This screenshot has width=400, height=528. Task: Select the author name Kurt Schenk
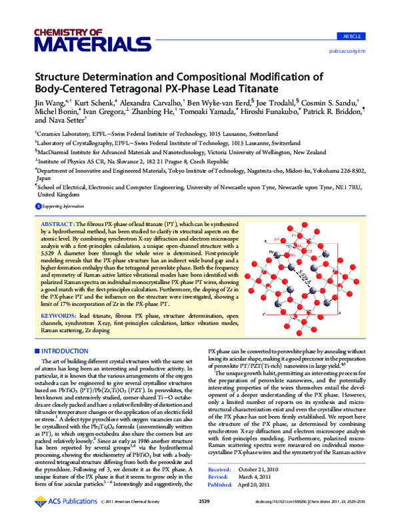tap(94, 105)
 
